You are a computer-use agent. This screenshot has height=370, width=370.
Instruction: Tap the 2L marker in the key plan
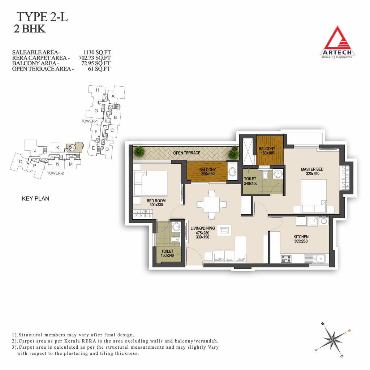72,148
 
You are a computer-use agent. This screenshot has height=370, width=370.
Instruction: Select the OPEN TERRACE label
187,153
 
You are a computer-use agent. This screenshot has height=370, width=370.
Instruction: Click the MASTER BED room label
312,169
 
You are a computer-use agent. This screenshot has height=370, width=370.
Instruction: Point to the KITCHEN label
301,237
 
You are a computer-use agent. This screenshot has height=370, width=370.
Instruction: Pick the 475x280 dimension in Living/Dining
202,233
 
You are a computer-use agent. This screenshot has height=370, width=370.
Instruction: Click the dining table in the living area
212,205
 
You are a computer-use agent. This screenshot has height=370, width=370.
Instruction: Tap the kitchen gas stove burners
286,259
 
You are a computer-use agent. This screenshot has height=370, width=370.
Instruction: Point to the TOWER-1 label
89,121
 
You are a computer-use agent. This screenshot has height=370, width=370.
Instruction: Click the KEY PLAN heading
35,198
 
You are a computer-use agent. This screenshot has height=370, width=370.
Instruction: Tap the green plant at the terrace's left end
139,151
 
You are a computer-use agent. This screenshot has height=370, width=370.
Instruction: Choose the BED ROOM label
156,201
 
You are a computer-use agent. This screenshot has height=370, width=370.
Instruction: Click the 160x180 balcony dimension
267,153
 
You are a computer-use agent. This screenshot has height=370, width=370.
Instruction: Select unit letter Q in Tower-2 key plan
21,162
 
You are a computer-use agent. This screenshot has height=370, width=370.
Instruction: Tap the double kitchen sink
317,259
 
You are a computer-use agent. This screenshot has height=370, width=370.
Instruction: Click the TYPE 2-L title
42,17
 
